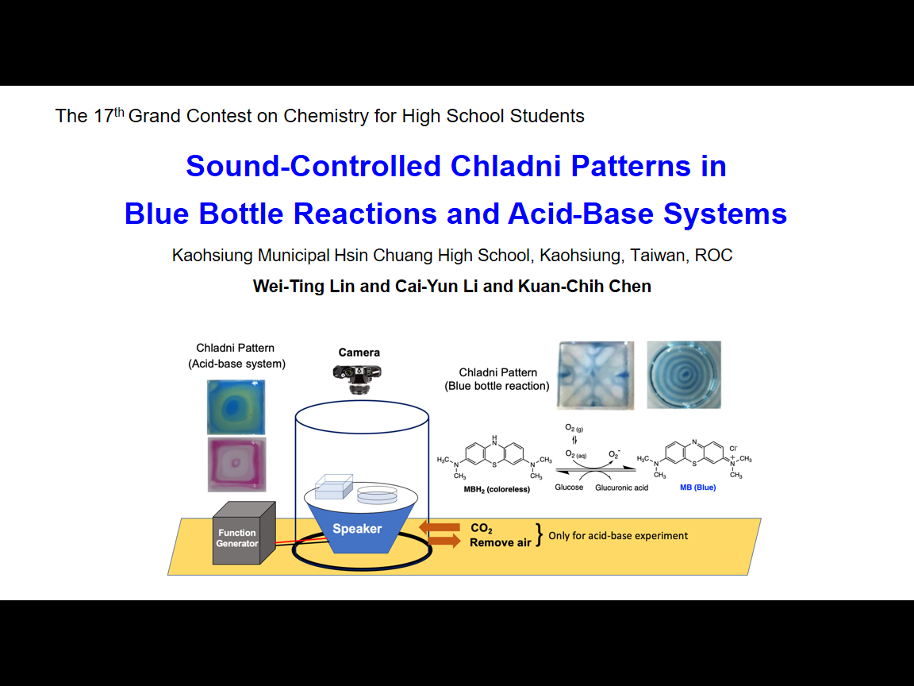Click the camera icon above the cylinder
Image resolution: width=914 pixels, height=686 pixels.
pyautogui.click(x=357, y=379)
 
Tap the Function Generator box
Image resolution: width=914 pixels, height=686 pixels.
pyautogui.click(x=244, y=534)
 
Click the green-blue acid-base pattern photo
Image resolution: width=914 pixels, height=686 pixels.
pyautogui.click(x=236, y=407)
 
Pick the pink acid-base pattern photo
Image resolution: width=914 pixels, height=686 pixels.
pyautogui.click(x=236, y=464)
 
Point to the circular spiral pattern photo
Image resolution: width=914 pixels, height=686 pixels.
pyautogui.click(x=684, y=375)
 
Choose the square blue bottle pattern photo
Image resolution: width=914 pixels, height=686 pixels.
pyautogui.click(x=596, y=375)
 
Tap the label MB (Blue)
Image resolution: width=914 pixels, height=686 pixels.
pyautogui.click(x=697, y=487)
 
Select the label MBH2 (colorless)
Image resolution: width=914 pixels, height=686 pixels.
pyautogui.click(x=497, y=489)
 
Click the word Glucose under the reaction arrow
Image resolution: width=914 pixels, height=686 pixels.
pyautogui.click(x=569, y=487)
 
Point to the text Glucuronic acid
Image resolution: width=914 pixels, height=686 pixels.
pyautogui.click(x=621, y=488)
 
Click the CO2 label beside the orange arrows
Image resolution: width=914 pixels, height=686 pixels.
pyautogui.click(x=482, y=529)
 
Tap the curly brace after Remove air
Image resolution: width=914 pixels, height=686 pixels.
pyautogui.click(x=540, y=535)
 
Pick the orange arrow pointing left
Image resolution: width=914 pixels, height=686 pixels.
pyautogui.click(x=440, y=527)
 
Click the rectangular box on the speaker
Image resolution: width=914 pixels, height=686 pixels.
pyautogui.click(x=334, y=487)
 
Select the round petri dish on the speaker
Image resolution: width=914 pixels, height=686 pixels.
pyautogui.click(x=377, y=495)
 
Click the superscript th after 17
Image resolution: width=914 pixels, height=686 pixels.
pyautogui.click(x=119, y=111)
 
